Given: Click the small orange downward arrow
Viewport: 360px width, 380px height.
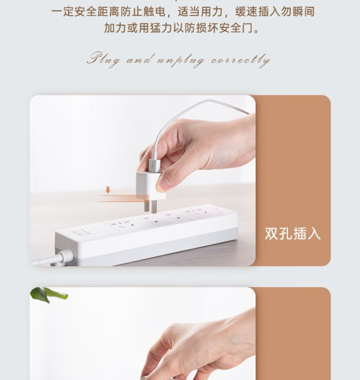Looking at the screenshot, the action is [108, 190].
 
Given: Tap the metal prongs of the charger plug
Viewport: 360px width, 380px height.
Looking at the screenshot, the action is [150, 206].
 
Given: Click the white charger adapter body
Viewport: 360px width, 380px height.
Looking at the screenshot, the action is [151, 185].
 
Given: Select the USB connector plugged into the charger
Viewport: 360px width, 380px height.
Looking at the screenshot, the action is [154, 165].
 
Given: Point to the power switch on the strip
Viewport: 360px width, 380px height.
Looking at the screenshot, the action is [91, 231].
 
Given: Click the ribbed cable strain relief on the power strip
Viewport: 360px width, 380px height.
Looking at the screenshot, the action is [65, 256].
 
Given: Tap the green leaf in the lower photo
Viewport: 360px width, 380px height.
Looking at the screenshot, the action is [49, 295].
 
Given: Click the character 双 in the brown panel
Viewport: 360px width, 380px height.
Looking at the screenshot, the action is [271, 234].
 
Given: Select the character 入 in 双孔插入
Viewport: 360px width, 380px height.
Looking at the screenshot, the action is [314, 234].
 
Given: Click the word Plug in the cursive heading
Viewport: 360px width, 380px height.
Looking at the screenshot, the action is [103, 59].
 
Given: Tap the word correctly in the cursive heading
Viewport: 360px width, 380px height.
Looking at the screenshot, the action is [241, 61].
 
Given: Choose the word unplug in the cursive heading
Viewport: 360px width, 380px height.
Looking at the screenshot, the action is [181, 61].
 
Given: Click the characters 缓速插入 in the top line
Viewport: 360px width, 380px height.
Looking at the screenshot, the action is [257, 11].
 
